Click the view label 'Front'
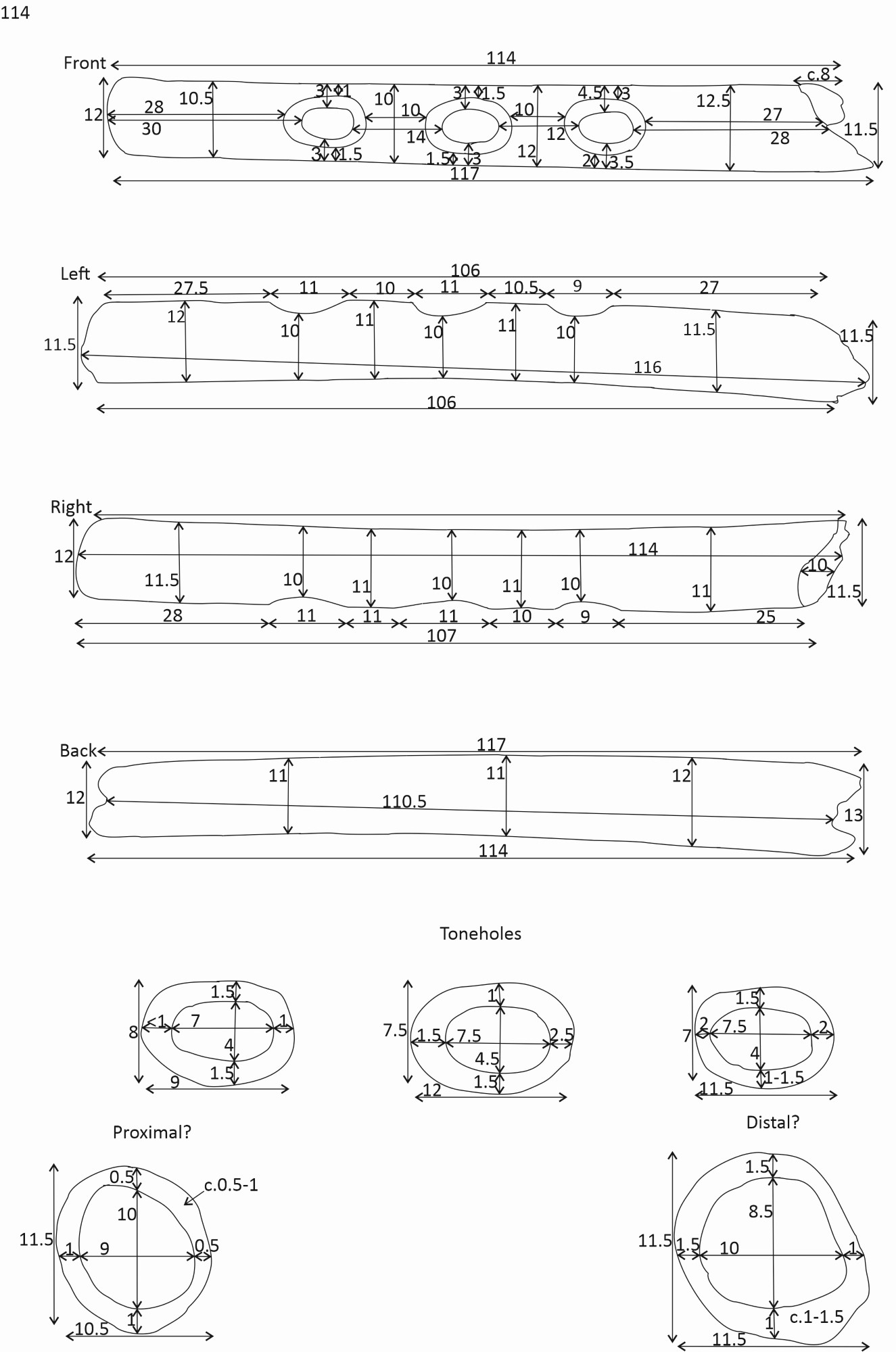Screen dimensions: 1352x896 (85, 63)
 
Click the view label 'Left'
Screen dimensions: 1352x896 (75, 274)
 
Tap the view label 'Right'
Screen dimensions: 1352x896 (70, 507)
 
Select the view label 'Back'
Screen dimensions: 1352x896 (78, 750)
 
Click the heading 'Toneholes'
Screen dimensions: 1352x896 (480, 934)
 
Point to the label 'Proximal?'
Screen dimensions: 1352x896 (151, 1132)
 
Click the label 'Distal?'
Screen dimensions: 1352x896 (772, 1123)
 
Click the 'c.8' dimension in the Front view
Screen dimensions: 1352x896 (818, 74)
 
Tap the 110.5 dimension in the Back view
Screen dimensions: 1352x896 (404, 802)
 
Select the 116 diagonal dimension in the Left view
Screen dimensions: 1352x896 (647, 367)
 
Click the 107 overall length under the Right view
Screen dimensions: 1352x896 (441, 635)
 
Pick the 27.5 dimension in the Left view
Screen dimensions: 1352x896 (191, 288)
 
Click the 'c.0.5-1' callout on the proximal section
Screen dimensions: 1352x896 (231, 1185)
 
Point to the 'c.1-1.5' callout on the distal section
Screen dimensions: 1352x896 (817, 1317)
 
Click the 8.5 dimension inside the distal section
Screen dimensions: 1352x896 (760, 1211)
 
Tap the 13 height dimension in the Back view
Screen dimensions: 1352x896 (853, 815)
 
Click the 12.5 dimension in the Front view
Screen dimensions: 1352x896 (713, 101)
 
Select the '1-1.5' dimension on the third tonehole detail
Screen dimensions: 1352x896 (784, 1078)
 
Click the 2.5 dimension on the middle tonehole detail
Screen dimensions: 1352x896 (562, 1035)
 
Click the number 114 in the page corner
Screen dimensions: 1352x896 (15, 12)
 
